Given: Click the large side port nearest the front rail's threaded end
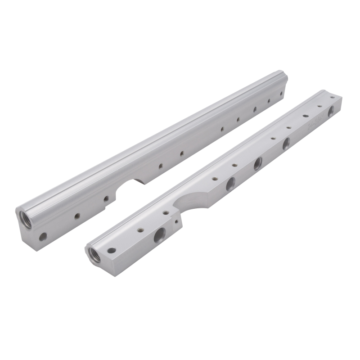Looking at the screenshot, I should coord(160,234).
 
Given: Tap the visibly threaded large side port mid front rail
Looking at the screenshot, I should coord(257,163).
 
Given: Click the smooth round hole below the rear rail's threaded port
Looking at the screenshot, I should coord(43,236).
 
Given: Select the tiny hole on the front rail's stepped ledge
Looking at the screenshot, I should coord(176,221).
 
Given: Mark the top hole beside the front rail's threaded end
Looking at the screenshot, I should coord(111,250).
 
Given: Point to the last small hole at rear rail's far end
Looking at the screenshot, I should coord(281,94).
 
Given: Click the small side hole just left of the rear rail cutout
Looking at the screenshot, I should coord(106,198).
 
